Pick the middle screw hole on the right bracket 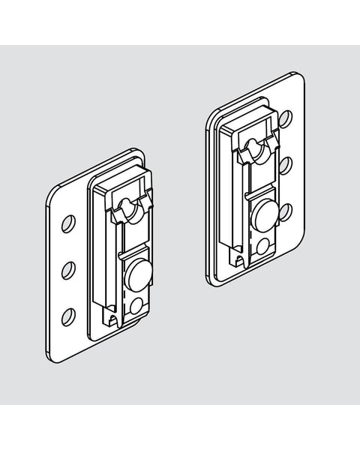point(285,164)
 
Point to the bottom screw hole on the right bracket point(285,210)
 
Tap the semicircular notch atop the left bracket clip point(130,212)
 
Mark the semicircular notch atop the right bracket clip point(257,151)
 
